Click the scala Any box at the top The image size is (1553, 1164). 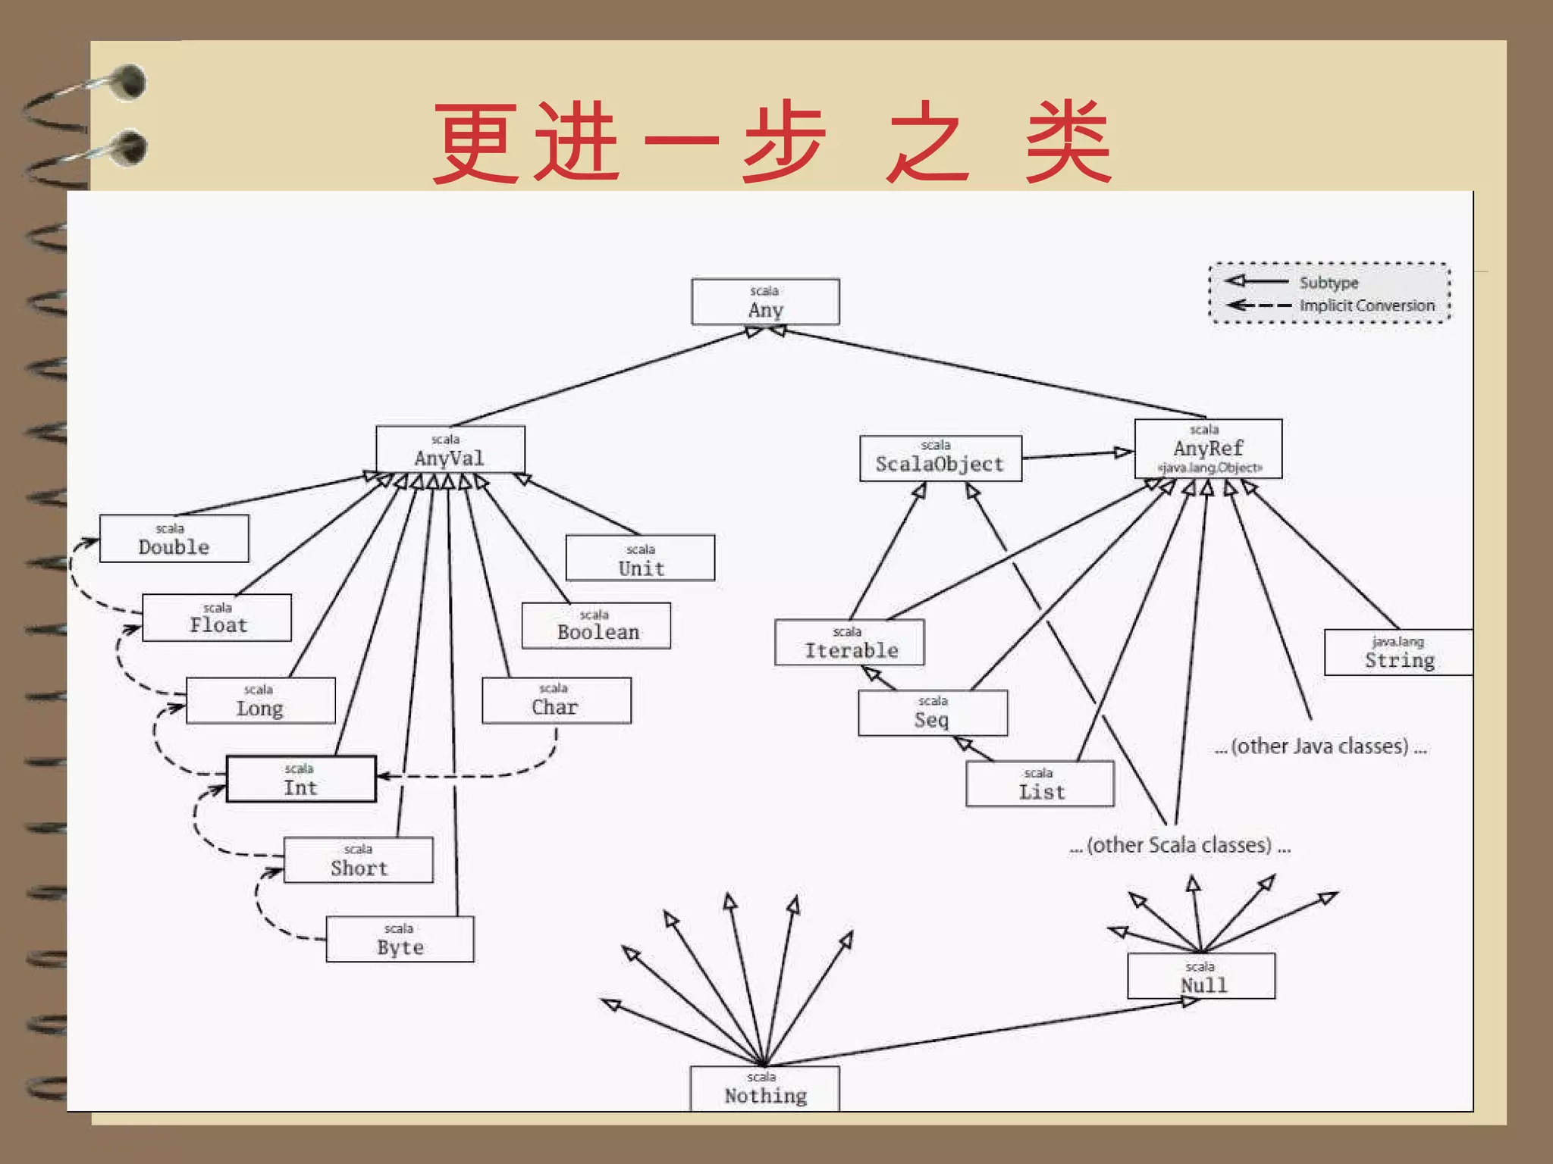click(x=765, y=302)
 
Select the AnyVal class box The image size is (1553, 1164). click(x=450, y=450)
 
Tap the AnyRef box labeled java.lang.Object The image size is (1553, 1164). click(x=1208, y=449)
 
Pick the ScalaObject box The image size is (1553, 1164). click(x=940, y=458)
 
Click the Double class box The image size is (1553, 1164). click(x=174, y=539)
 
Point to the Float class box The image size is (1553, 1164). click(x=217, y=618)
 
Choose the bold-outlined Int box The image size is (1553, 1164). click(x=301, y=780)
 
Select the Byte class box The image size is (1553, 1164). click(x=400, y=940)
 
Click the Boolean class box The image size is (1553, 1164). click(x=596, y=626)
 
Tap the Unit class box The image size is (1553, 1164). click(x=640, y=559)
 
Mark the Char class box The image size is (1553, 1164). click(x=556, y=701)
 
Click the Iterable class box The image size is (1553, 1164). click(x=849, y=643)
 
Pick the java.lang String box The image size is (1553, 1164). click(x=1398, y=653)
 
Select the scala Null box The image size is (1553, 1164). click(x=1201, y=977)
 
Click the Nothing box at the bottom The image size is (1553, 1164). click(x=764, y=1089)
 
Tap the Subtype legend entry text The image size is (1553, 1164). click(x=1329, y=283)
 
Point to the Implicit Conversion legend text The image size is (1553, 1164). click(x=1366, y=305)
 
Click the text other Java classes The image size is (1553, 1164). click(x=1320, y=747)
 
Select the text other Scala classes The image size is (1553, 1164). click(x=1180, y=846)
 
